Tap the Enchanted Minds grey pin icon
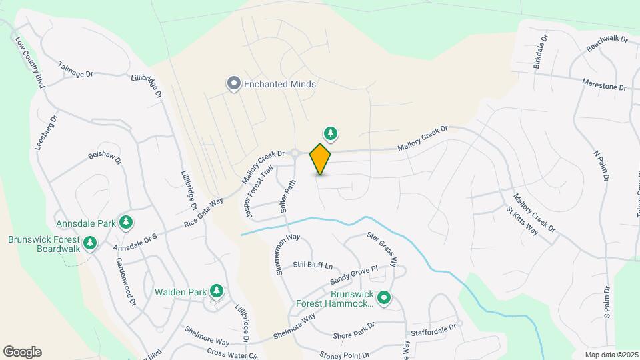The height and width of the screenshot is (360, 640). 233,84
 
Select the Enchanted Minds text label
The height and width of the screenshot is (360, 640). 280,85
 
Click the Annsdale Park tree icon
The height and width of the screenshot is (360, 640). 125,222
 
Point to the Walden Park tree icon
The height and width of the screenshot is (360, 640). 216,291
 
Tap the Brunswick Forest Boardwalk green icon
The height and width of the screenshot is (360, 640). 91,244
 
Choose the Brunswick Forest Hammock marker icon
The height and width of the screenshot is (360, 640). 384,298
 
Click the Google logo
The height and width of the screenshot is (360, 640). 22,352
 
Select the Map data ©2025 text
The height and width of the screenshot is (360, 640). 611,355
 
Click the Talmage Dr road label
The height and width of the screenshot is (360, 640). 75,70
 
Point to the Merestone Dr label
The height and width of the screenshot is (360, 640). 605,87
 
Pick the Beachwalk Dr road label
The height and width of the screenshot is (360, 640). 607,45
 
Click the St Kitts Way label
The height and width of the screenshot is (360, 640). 522,221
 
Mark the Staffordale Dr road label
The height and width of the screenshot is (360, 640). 433,327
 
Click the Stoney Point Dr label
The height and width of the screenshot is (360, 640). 344,355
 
